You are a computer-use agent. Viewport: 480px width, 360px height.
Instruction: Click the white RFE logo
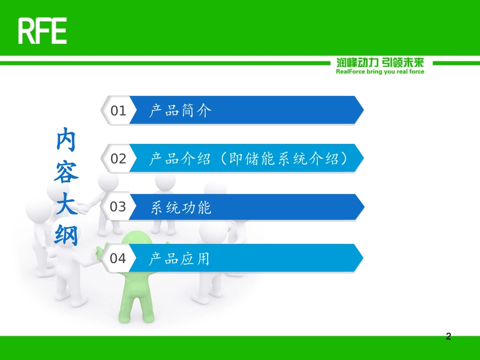42,31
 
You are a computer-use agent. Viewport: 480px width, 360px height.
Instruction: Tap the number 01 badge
118,111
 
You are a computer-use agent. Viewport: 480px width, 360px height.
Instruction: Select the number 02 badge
118,159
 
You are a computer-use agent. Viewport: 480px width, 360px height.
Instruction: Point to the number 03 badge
118,207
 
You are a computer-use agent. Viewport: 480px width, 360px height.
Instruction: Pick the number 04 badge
118,259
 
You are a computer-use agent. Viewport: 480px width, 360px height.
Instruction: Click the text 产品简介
180,111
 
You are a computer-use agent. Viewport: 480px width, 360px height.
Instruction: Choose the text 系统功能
181,208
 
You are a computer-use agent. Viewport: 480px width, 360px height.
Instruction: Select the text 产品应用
179,259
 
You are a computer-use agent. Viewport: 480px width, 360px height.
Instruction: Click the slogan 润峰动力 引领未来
380,63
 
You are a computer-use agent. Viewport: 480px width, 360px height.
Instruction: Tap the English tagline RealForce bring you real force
380,72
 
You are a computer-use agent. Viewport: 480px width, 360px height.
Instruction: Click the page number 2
448,336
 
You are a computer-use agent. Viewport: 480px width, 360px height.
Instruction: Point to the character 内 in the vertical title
66,139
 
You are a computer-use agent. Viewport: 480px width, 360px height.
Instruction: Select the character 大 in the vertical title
66,204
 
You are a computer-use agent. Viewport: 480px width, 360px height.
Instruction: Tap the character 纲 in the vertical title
66,235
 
